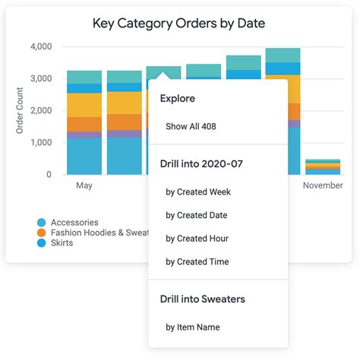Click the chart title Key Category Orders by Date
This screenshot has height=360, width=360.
pos(178,23)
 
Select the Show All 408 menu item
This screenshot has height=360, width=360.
pos(191,126)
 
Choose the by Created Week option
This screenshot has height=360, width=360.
pos(198,192)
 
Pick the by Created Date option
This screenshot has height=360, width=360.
pos(197,215)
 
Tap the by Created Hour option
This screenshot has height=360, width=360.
pos(197,238)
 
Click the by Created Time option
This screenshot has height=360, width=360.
pos(197,262)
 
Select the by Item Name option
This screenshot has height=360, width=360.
pos(193,327)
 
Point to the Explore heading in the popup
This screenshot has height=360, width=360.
pos(178,99)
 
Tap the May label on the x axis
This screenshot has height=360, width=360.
pos(84,185)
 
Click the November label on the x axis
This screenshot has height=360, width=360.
pos(323,185)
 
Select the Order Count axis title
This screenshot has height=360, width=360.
pos(21,111)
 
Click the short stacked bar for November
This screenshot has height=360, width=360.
pos(323,167)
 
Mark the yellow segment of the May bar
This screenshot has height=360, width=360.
pos(84,105)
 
